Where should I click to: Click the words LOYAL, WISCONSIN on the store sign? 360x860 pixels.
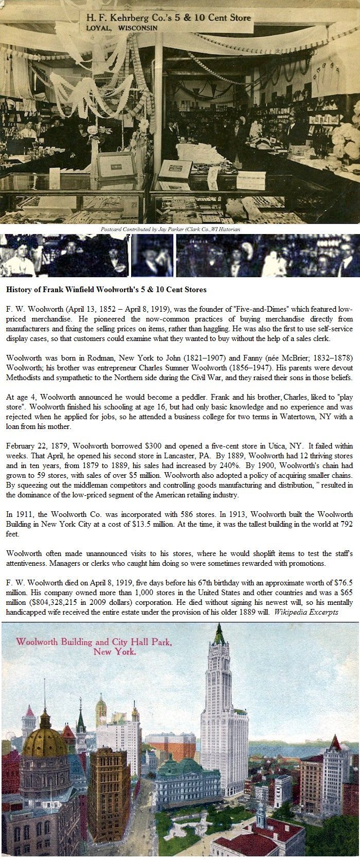[121, 28]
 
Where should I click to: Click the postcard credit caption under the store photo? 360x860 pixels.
[171, 229]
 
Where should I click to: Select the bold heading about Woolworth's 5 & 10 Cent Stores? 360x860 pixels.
[106, 290]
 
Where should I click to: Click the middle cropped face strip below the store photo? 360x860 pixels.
[152, 256]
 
